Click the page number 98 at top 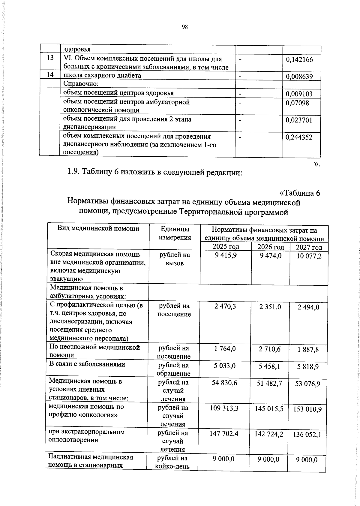click(184, 27)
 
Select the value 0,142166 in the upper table click(299, 59)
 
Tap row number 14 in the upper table click(50, 74)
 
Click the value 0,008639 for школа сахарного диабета click(299, 77)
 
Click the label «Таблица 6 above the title click(300, 193)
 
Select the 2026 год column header click(271, 247)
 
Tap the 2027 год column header click(309, 248)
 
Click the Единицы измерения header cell click(175, 233)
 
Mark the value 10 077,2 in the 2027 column click(309, 256)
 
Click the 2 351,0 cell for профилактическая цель click(270, 307)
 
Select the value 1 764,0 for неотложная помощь click(225, 348)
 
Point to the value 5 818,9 click(308, 367)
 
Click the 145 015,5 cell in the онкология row click(269, 409)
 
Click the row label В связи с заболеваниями click(87, 364)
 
